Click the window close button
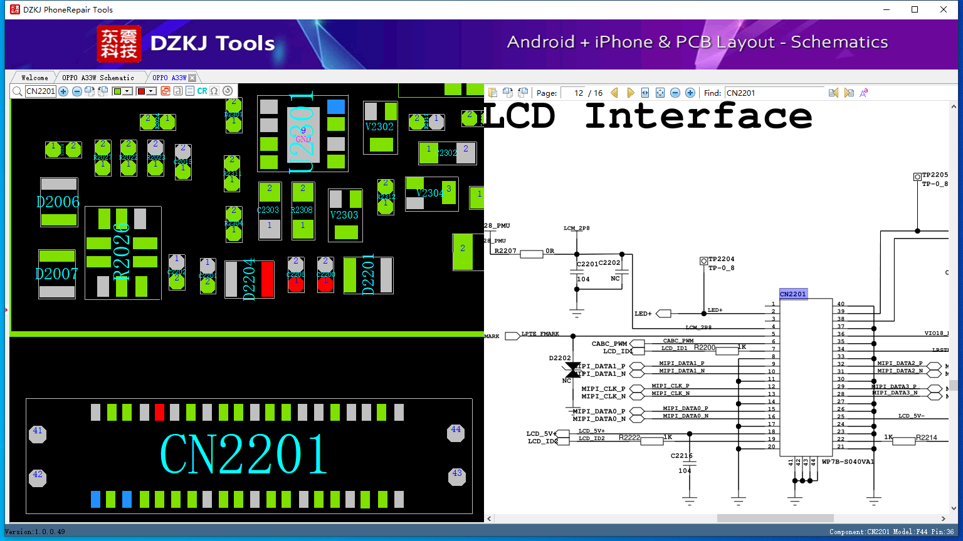pos(944,9)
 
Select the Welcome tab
pos(34,78)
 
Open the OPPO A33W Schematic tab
pos(98,78)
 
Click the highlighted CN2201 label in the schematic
pos(793,294)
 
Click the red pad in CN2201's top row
pos(159,412)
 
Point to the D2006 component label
pos(58,202)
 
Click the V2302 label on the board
pos(379,126)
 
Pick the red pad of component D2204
pos(267,279)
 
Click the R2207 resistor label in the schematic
pos(505,251)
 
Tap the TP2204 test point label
pos(722,259)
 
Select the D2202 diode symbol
pos(572,369)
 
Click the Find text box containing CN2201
pos(774,93)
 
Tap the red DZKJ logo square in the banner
pos(119,44)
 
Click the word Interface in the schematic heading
pos(698,116)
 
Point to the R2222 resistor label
pos(629,437)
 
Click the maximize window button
pos(915,9)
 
